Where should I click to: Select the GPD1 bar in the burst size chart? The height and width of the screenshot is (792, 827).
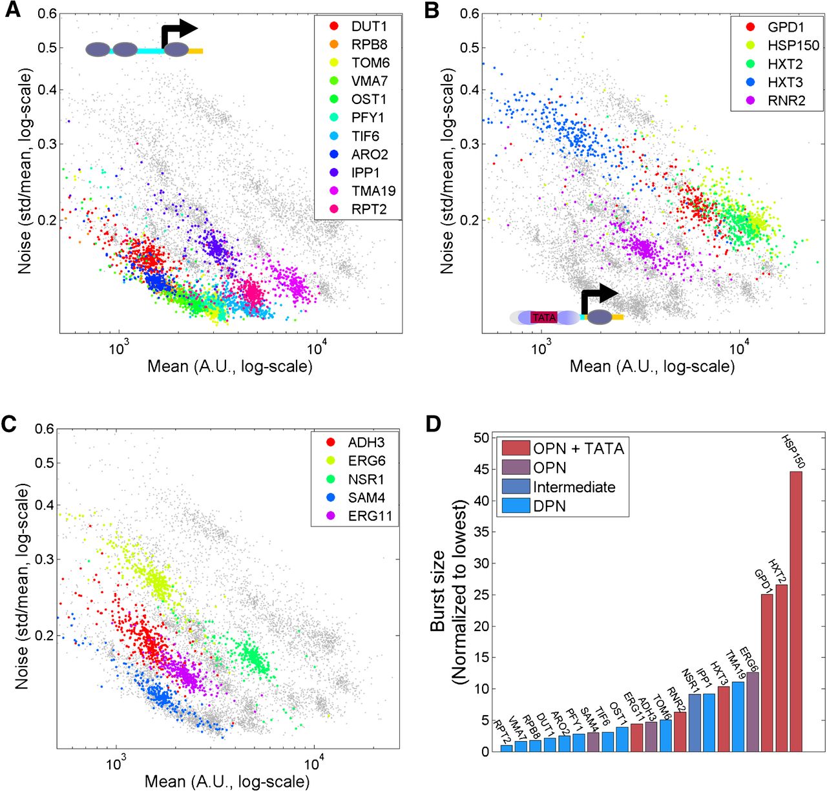point(767,672)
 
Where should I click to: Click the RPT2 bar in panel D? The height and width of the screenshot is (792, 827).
point(507,748)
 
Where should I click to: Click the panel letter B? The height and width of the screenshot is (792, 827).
point(432,10)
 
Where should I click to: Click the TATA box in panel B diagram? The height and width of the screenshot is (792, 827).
point(543,317)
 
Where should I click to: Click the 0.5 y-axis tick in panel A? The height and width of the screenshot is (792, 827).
point(46,48)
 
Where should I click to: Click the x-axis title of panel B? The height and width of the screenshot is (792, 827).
point(651,367)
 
